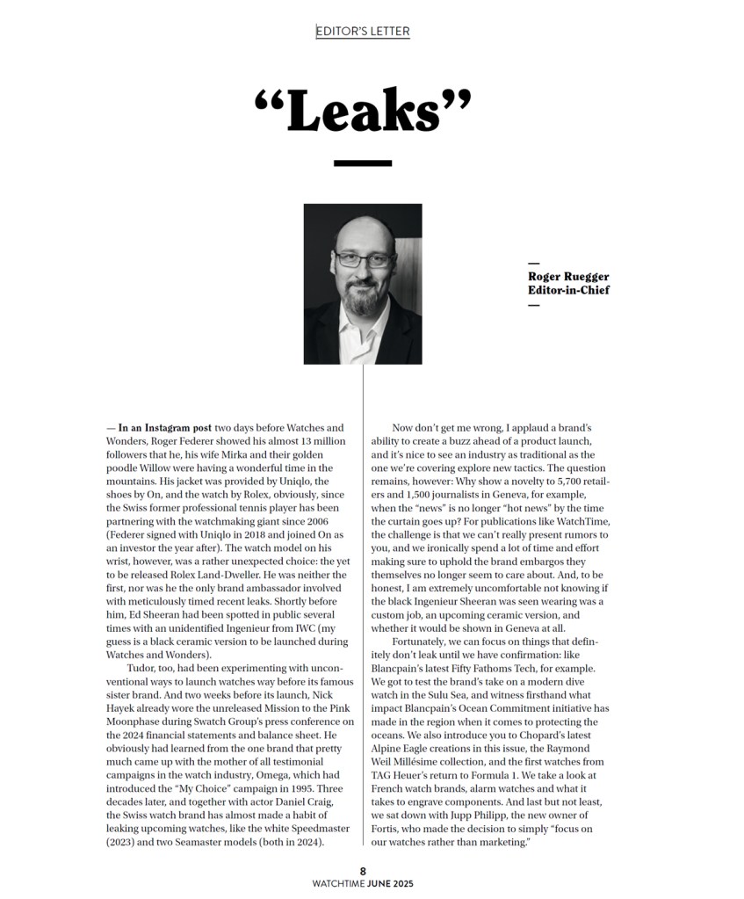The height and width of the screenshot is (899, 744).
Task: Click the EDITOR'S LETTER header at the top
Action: point(363,32)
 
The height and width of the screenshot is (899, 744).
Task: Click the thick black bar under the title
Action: point(363,163)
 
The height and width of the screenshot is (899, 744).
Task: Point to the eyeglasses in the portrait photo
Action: point(363,259)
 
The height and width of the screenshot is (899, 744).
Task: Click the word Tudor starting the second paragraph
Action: point(141,668)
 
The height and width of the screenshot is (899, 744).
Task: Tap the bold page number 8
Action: point(362,872)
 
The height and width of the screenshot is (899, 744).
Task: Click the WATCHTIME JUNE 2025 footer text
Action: point(362,884)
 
